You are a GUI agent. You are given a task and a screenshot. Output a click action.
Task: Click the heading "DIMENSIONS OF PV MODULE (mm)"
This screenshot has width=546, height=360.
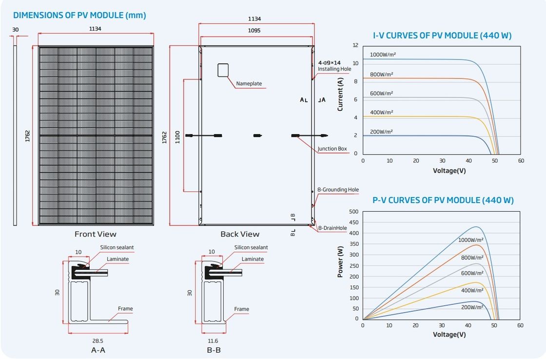point(79,15)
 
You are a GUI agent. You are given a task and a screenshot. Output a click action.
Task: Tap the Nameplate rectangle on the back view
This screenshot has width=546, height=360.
point(223,70)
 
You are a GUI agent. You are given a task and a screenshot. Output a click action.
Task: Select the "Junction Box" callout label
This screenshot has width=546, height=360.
point(332,149)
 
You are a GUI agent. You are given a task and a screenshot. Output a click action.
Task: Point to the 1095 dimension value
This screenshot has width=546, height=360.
point(254,30)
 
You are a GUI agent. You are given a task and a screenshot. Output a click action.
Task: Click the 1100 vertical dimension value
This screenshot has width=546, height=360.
point(177,137)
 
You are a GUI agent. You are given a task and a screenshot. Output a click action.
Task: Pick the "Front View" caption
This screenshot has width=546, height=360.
point(96,234)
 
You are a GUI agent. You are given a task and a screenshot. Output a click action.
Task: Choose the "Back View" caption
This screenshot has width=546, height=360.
point(240,234)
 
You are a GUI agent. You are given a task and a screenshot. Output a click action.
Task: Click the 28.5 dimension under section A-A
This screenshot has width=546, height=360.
point(98,341)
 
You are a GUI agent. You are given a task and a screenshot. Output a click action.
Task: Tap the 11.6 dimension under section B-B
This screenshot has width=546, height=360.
point(213,341)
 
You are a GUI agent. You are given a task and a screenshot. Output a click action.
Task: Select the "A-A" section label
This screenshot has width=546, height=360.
point(98,350)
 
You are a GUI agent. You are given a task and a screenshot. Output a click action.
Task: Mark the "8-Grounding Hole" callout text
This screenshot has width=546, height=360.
point(338,190)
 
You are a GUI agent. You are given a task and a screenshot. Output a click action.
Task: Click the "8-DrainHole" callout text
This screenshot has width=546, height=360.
point(332,228)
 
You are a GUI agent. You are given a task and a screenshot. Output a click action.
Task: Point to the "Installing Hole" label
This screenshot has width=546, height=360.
point(334,69)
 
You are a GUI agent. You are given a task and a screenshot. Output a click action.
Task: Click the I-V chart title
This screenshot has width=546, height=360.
point(442,36)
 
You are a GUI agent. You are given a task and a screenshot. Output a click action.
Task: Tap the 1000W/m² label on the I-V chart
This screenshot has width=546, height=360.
point(383,55)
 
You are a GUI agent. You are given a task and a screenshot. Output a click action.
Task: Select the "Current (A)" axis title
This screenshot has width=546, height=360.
point(340,94)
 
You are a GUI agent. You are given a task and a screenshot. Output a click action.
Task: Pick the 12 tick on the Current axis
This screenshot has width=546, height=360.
point(355,45)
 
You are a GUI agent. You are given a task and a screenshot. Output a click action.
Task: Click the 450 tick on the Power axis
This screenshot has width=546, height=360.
point(353,222)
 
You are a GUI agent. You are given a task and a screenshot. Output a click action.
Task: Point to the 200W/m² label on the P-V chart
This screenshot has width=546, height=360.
point(472,307)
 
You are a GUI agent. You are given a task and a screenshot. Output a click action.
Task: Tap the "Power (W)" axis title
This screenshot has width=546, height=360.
point(340,262)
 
